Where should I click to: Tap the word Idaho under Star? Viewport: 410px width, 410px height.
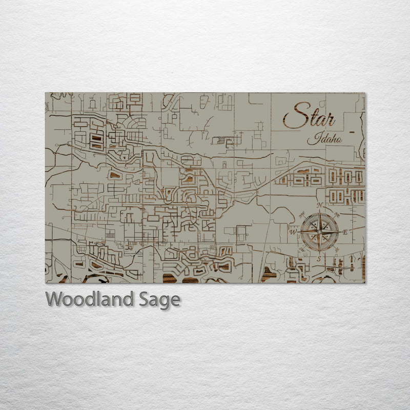click(x=325, y=139)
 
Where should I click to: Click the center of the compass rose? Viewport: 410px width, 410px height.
click(x=319, y=232)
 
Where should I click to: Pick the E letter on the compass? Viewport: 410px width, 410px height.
click(x=345, y=233)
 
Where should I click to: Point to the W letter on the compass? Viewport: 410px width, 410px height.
click(x=294, y=232)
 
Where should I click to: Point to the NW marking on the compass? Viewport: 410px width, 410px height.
click(x=302, y=214)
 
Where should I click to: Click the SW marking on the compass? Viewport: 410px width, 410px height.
click(x=302, y=250)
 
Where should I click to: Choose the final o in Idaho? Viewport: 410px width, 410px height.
click(x=339, y=140)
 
